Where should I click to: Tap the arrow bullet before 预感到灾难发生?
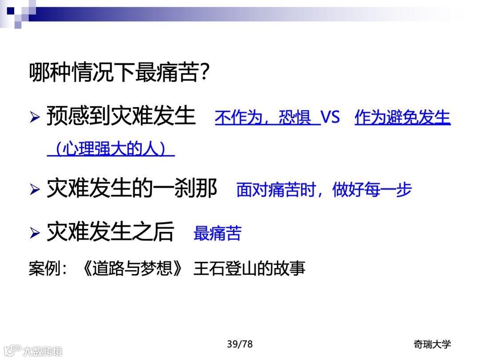(x=35, y=118)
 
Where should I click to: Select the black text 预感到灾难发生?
(x=121, y=116)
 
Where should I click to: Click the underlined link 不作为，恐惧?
(x=267, y=118)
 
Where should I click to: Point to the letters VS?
(x=330, y=118)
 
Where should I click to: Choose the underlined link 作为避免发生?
(x=403, y=118)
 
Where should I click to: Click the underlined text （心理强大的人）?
(x=111, y=149)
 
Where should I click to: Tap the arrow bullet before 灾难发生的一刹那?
(x=35, y=190)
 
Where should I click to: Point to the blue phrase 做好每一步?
(x=372, y=190)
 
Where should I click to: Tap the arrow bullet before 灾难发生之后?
(x=35, y=233)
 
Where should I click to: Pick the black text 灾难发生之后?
(x=110, y=232)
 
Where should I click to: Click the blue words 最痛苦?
(x=217, y=233)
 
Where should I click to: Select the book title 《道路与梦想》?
(x=132, y=269)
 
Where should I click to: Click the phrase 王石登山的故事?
(x=249, y=269)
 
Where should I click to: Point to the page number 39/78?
(x=240, y=344)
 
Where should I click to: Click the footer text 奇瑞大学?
(x=432, y=344)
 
